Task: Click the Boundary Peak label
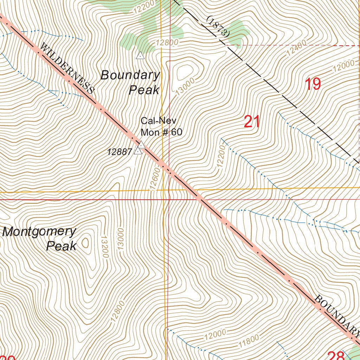[x=131, y=82]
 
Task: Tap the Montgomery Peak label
[x=39, y=238]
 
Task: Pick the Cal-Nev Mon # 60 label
[x=161, y=127]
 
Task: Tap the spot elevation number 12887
[x=120, y=152]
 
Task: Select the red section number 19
[x=313, y=84]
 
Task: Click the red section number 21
[x=252, y=122]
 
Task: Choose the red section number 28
[x=335, y=356]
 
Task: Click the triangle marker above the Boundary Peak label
[x=140, y=56]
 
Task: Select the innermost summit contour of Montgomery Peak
[x=85, y=242]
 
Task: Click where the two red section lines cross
[x=169, y=199]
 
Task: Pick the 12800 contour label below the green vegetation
[x=167, y=42]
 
